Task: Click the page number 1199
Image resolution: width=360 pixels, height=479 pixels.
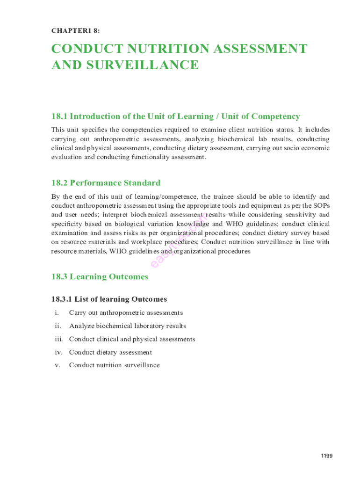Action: pyautogui.click(x=326, y=456)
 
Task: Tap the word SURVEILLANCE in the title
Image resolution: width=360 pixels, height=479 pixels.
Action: pyautogui.click(x=139, y=65)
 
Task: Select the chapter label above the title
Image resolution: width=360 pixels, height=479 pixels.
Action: pyautogui.click(x=75, y=30)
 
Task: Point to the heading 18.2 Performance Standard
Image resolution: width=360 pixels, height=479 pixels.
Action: pyautogui.click(x=106, y=183)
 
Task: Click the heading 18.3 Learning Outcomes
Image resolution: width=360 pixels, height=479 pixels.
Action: pyautogui.click(x=100, y=276)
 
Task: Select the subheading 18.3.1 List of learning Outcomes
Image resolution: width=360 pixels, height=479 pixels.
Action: pyautogui.click(x=109, y=299)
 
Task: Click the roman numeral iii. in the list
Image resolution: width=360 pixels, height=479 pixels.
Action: pyautogui.click(x=58, y=339)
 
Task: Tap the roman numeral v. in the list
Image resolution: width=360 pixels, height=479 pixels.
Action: pyautogui.click(x=57, y=365)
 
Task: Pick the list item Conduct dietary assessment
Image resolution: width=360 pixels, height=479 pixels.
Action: pyautogui.click(x=110, y=352)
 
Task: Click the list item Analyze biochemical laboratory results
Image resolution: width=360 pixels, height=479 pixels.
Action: pyautogui.click(x=127, y=326)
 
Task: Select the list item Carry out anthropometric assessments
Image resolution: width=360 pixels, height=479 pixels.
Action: pyautogui.click(x=126, y=313)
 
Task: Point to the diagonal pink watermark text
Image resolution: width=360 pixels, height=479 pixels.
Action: pyautogui.click(x=180, y=241)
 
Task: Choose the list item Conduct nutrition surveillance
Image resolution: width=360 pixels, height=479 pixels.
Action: pyautogui.click(x=114, y=365)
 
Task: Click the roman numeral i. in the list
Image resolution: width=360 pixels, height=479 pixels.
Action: pyautogui.click(x=57, y=313)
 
